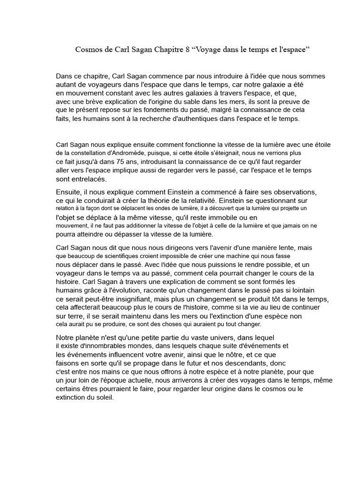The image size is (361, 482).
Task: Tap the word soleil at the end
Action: pos(103,397)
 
